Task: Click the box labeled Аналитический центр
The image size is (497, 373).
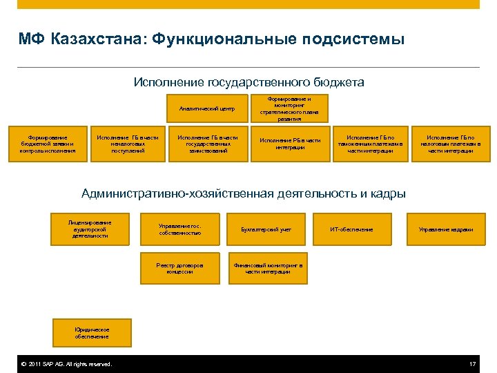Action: (207, 108)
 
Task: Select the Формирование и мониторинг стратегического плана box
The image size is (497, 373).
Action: (289, 108)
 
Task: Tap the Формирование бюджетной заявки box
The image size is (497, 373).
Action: (48, 144)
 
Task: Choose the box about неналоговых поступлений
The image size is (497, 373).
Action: (128, 144)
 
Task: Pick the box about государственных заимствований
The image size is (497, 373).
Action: (208, 144)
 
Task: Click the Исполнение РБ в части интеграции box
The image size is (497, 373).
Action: (289, 144)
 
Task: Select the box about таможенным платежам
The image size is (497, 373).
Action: (370, 144)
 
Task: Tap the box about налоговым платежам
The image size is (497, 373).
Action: (450, 144)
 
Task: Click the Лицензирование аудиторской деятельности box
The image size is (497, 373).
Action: (90, 229)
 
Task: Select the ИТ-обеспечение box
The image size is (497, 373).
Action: (351, 229)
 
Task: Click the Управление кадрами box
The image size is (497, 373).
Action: (446, 229)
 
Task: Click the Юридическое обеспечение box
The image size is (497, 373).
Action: (92, 333)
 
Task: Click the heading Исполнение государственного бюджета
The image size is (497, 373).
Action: (248, 82)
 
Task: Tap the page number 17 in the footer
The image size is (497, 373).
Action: (472, 364)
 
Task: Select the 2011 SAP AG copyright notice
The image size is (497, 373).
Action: (66, 364)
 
